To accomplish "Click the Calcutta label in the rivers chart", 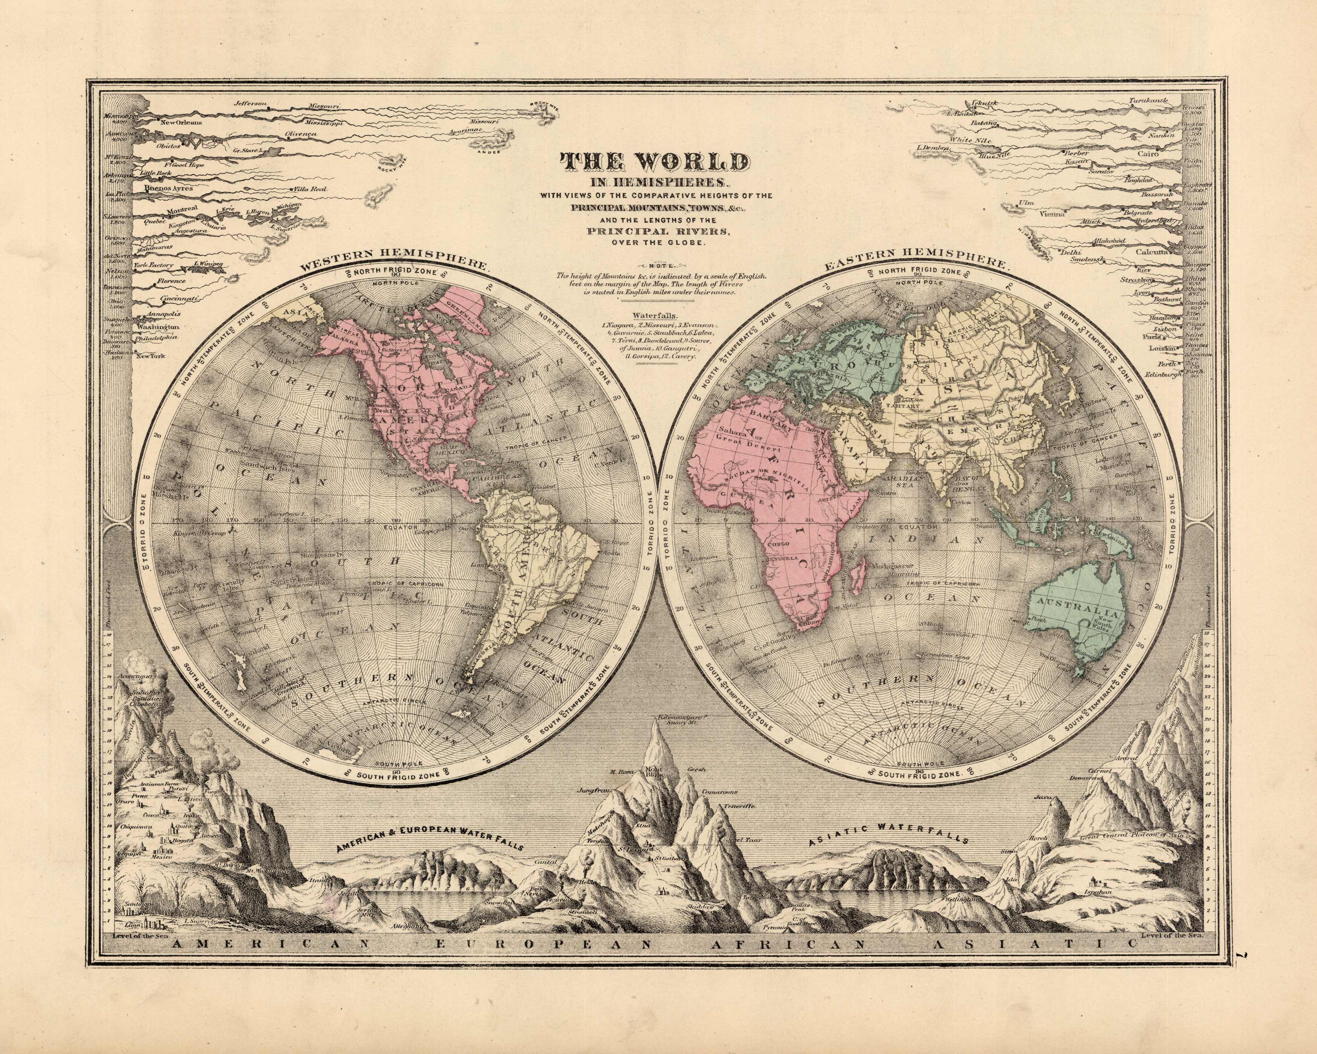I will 1152,251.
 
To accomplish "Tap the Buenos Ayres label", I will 169,189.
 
